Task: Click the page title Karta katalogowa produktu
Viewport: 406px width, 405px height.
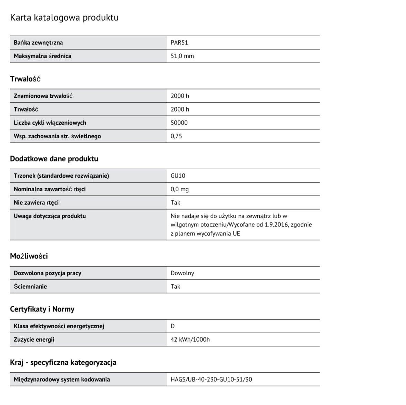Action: pos(64,18)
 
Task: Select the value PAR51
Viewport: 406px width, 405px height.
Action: pos(179,43)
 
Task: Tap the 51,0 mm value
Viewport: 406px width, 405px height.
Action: pos(182,56)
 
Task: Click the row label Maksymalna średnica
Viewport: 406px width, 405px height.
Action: pos(42,56)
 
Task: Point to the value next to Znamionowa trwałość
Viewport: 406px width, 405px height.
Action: pos(180,96)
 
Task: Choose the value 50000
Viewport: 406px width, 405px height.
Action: pos(179,123)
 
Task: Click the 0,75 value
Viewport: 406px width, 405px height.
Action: pos(176,136)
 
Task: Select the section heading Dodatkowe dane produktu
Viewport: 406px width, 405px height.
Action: pos(54,159)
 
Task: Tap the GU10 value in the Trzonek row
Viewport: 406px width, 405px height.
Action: pos(178,176)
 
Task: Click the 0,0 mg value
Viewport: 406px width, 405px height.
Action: pos(179,189)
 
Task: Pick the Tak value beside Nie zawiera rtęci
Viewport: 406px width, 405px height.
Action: pos(175,203)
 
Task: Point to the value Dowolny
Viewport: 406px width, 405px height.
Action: pos(182,273)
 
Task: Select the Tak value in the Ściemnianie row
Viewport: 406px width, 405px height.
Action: pos(175,287)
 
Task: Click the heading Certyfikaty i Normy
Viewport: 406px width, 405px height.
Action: pos(42,309)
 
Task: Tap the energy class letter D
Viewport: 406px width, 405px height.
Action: pos(173,326)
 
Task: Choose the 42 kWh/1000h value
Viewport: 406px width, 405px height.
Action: pos(190,340)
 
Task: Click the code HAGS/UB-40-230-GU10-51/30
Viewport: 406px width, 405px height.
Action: pos(211,380)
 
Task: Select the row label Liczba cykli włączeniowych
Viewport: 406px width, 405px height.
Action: pos(50,123)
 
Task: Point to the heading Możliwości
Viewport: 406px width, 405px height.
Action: pos(29,256)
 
